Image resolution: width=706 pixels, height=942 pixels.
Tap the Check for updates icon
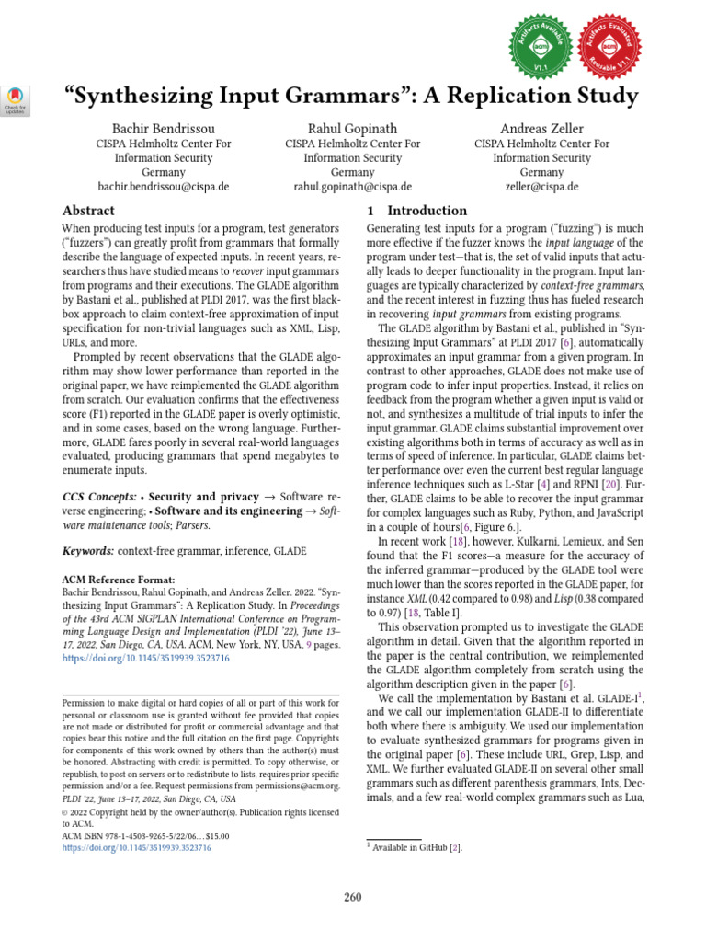(17, 99)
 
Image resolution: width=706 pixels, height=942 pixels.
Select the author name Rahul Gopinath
(352, 128)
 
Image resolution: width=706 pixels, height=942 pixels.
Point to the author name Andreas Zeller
(541, 128)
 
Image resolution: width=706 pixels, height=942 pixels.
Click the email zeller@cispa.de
(541, 187)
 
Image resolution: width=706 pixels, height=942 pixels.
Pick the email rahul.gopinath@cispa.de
(352, 187)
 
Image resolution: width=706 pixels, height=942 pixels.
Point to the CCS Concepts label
(100, 497)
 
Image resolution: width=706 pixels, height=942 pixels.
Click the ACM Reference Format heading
(117, 579)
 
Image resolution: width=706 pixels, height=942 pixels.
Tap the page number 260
(353, 897)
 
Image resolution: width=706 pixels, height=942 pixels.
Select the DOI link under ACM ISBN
(136, 848)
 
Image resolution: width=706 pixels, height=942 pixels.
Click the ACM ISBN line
(145, 836)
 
